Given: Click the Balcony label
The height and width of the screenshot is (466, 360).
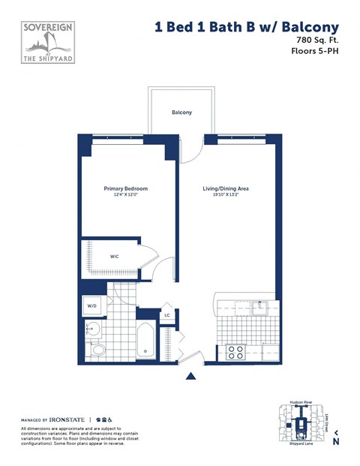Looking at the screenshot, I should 181,112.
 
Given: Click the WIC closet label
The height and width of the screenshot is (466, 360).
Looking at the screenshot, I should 115,257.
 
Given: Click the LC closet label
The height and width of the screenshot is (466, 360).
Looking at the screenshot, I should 167,315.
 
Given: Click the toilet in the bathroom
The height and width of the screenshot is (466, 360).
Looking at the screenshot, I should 96,349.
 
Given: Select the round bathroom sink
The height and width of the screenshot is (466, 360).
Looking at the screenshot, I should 94,329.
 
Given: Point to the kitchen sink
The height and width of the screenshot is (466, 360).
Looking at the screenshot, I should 259,307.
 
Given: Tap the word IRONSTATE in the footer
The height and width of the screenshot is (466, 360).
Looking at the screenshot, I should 67,419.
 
